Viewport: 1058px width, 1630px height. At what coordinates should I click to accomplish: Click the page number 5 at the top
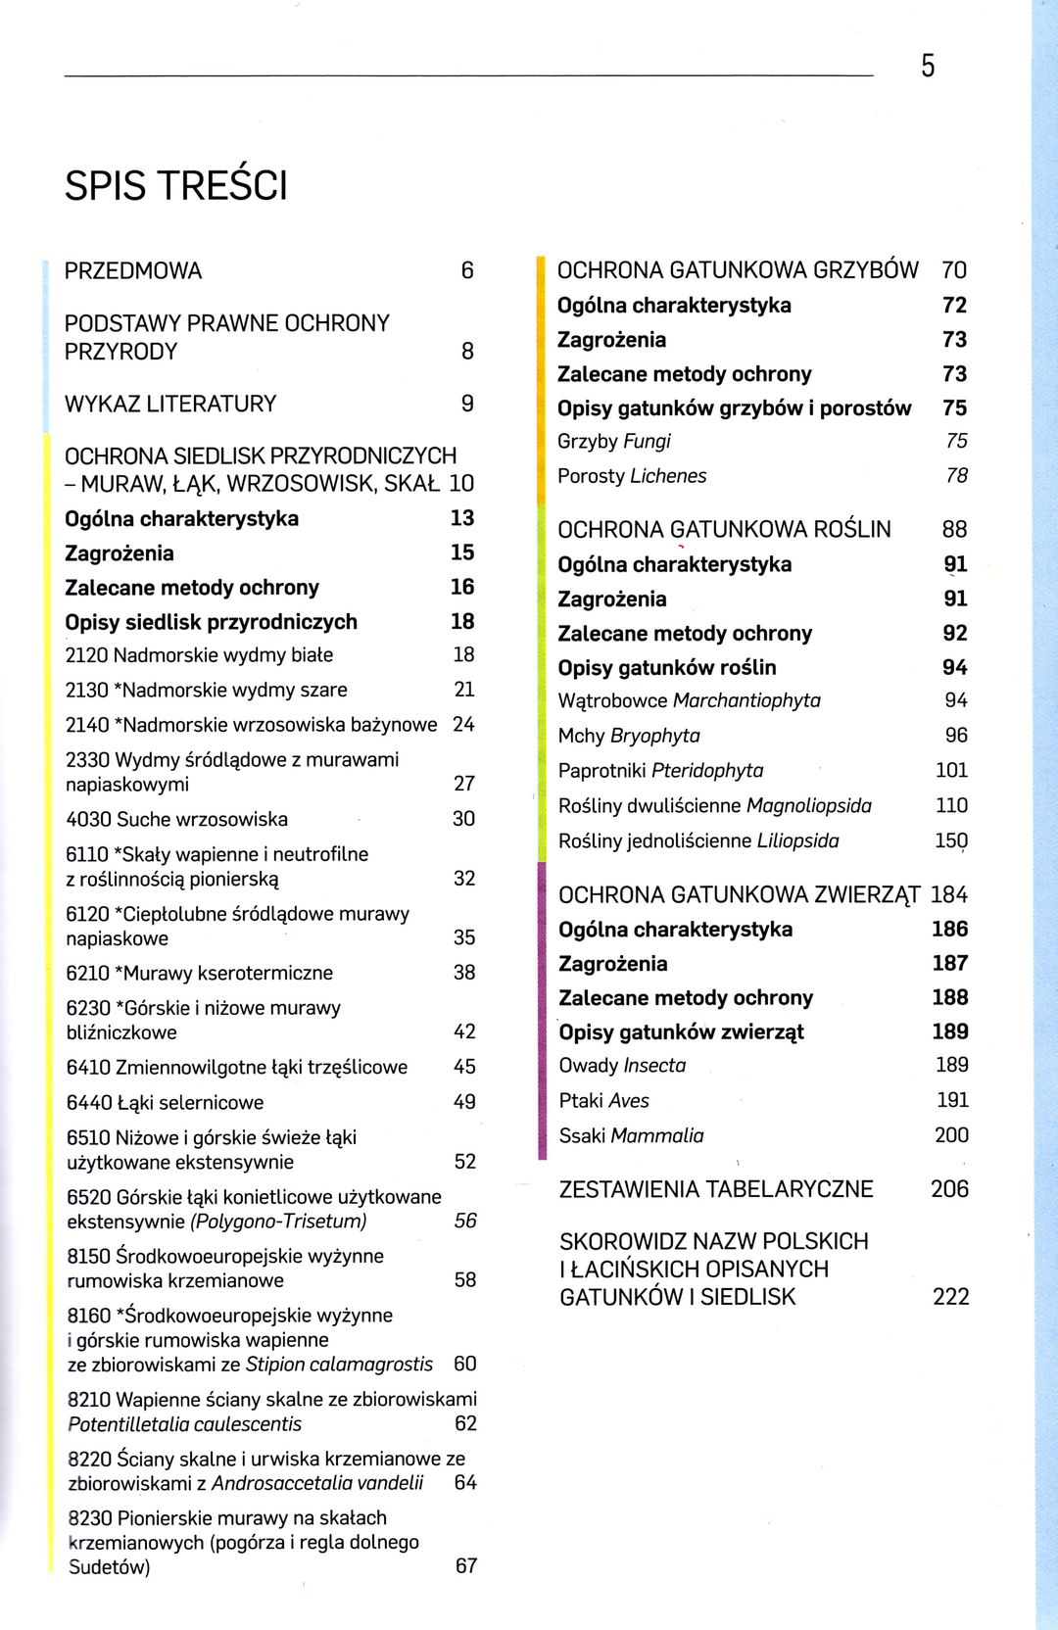tap(928, 66)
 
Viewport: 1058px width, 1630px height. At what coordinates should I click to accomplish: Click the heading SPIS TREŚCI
tap(176, 186)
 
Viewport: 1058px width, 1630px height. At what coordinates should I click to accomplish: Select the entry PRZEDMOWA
tap(133, 271)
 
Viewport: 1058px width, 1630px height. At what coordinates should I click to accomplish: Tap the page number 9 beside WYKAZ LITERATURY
tap(467, 404)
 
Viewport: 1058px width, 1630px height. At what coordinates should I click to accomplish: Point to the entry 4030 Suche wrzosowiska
tap(176, 819)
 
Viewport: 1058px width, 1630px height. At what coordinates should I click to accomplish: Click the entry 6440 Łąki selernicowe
tap(165, 1102)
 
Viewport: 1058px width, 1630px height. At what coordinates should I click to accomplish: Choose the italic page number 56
tap(465, 1221)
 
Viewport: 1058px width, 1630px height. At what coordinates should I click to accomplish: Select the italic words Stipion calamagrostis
tap(339, 1365)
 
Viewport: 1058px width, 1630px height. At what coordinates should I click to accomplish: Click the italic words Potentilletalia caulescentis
tap(184, 1424)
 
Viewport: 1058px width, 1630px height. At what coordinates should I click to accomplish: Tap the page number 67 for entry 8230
tap(466, 1566)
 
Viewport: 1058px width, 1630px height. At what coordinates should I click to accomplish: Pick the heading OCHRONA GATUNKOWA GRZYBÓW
tap(738, 270)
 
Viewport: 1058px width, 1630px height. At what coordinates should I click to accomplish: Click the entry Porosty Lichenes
tap(632, 476)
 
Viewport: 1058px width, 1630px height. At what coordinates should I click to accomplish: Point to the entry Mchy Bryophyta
tap(629, 736)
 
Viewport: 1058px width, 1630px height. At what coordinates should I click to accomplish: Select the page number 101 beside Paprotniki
tap(951, 771)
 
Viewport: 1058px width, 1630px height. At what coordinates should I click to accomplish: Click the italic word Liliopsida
tap(797, 840)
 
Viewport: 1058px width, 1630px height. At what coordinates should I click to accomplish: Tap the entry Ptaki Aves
tap(603, 1101)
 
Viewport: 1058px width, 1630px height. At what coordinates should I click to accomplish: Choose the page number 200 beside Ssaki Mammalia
tap(951, 1135)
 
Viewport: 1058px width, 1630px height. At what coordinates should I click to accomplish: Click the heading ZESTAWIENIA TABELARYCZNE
tap(716, 1189)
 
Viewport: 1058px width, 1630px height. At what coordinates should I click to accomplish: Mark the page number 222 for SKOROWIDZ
tap(950, 1297)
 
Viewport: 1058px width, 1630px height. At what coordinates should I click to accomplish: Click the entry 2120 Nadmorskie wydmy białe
tap(199, 655)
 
